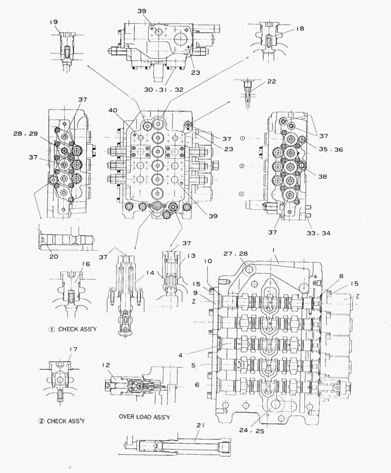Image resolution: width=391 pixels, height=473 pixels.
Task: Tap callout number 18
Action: [299, 28]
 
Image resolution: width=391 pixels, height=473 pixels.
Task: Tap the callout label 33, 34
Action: [319, 233]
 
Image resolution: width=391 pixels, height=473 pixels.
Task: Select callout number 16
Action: [86, 265]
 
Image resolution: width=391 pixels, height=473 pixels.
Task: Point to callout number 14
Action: [150, 273]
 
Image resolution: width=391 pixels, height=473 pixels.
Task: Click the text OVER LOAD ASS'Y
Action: [144, 417]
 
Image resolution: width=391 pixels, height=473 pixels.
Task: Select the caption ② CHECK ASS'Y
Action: [61, 421]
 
